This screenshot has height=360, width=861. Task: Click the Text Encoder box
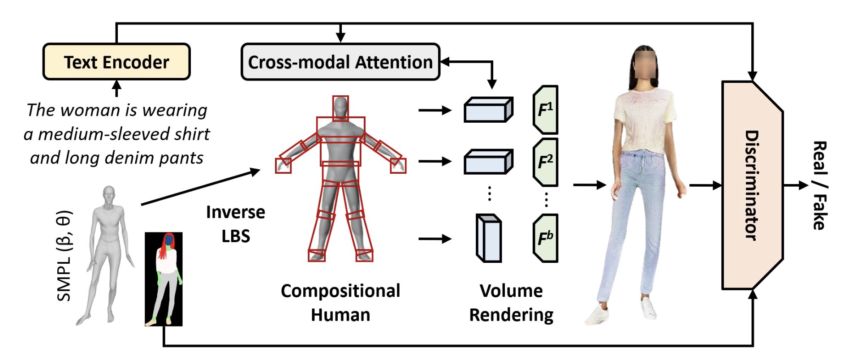tap(116, 62)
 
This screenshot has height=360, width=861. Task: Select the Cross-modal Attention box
tap(340, 62)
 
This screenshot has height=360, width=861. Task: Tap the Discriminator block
tap(752, 185)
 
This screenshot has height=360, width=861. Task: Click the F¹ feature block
tap(545, 110)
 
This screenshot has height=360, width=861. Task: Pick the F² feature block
tap(545, 162)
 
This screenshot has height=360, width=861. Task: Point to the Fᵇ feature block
tap(545, 238)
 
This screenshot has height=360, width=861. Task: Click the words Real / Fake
tap(819, 185)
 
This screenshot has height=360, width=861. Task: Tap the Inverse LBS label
tap(236, 224)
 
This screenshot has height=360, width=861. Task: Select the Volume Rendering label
tap(511, 303)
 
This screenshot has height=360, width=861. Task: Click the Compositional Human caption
tap(340, 303)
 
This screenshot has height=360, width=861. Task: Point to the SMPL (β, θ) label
tap(64, 256)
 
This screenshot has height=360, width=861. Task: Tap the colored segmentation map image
tap(164, 279)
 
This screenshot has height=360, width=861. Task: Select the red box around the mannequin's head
tap(340, 108)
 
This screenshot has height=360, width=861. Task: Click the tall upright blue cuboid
tap(488, 238)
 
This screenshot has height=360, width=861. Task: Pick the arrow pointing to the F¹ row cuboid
tap(434, 110)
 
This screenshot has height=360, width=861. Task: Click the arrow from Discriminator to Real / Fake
tap(796, 185)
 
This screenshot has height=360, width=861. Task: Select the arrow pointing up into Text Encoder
tap(116, 88)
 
